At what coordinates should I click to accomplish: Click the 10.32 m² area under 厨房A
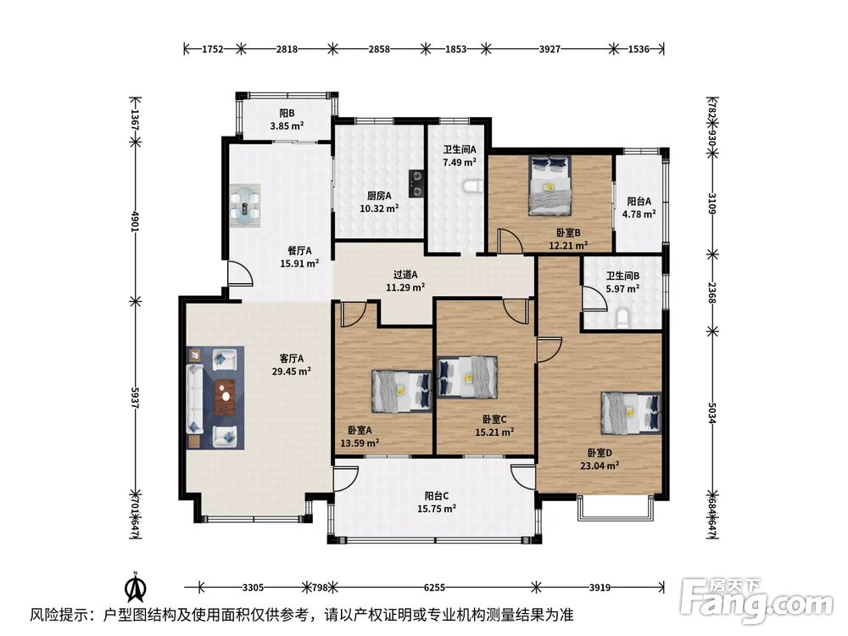click(379, 209)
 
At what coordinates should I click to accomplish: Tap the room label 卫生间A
click(460, 149)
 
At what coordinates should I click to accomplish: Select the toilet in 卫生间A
click(472, 187)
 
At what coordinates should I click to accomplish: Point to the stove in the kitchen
click(416, 184)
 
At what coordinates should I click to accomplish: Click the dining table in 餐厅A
click(246, 205)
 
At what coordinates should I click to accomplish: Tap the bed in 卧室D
click(631, 413)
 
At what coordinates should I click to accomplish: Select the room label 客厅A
click(292, 359)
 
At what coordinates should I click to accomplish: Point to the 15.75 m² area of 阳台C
click(437, 508)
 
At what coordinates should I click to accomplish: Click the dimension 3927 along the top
click(550, 49)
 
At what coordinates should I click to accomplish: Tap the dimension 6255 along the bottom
click(434, 588)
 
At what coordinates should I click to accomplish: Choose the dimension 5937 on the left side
click(135, 398)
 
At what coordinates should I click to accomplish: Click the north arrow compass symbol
click(136, 586)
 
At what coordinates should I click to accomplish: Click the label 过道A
click(405, 275)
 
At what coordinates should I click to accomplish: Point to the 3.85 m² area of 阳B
click(287, 126)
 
